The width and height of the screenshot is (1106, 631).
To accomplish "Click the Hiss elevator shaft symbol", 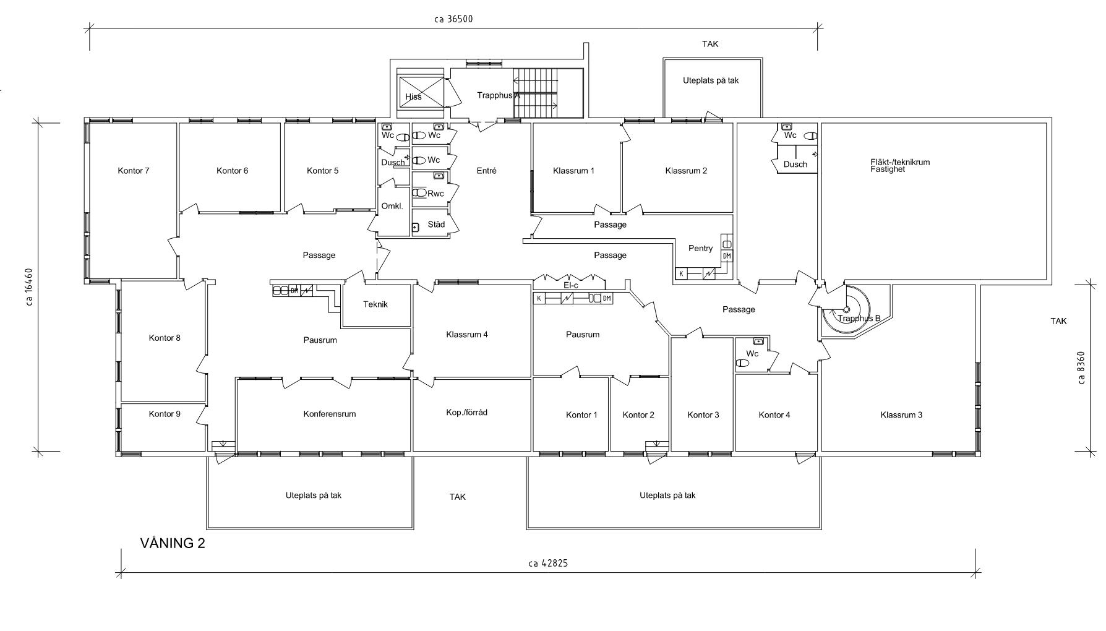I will pos(422,93).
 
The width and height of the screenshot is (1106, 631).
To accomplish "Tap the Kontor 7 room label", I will pos(134,171).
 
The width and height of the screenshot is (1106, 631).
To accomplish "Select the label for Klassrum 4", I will pos(467,335).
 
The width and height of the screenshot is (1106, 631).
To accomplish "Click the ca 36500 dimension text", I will pos(453,19).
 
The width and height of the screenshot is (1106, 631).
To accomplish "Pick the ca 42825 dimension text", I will pos(548,563).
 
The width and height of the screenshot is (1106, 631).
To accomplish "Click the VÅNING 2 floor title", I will pos(173,543).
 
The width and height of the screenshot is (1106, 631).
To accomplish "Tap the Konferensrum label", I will pos(330,414).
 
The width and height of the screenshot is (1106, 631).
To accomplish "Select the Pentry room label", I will pos(700,248).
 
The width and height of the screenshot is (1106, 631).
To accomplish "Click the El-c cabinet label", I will pos(570,285).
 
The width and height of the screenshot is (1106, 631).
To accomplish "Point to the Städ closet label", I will pos(436,225).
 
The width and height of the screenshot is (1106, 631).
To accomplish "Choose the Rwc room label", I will pos(435,194).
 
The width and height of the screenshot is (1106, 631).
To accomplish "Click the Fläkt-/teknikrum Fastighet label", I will pos(900,165).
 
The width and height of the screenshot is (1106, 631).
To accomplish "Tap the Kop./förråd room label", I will pos(466,412).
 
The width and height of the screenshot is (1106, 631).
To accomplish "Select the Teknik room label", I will pos(375,304).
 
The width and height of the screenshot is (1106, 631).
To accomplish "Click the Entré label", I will pos(487,171).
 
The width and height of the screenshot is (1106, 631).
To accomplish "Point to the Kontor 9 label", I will pos(165,414).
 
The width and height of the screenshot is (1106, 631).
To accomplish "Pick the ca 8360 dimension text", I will pos(1081,368).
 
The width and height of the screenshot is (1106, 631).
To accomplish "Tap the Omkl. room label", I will pos(392,206).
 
